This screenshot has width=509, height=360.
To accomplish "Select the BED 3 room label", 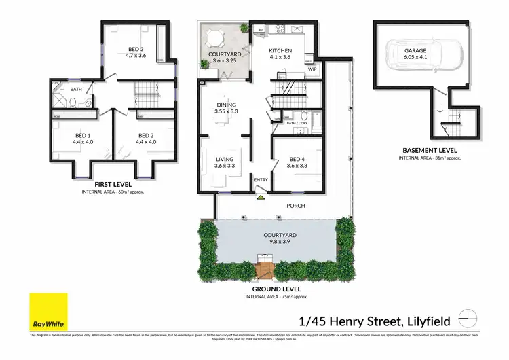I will [x=136, y=49].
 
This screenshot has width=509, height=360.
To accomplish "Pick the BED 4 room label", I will [x=295, y=160].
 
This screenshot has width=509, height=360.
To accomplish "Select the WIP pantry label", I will [x=313, y=69].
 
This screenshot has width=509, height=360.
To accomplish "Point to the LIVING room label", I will [x=224, y=160].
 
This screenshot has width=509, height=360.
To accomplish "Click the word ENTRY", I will [x=261, y=180].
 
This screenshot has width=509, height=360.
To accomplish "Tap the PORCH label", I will [x=295, y=206].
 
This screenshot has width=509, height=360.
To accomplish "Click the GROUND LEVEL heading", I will [x=274, y=289].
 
